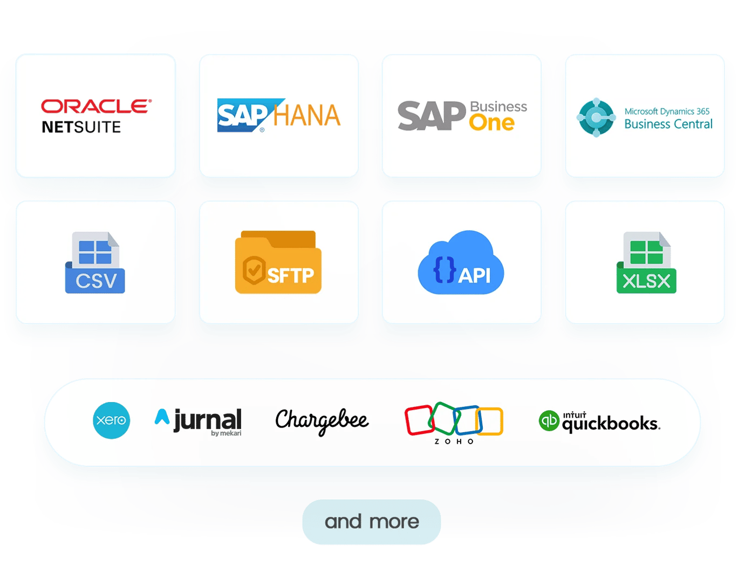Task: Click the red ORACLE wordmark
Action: (97, 106)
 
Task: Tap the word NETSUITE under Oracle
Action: (81, 127)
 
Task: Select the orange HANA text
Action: (307, 115)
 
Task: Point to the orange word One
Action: (491, 122)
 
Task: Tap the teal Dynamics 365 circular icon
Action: (596, 117)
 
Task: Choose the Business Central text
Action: (668, 124)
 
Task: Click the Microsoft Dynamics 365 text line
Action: (667, 111)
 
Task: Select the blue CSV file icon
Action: (95, 262)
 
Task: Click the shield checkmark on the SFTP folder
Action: (254, 270)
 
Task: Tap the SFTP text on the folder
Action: (290, 275)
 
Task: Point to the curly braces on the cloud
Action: (445, 270)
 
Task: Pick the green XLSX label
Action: (646, 281)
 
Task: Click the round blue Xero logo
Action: (112, 420)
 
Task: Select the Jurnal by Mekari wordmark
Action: (198, 422)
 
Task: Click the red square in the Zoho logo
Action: (420, 420)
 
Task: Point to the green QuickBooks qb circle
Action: (549, 421)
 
